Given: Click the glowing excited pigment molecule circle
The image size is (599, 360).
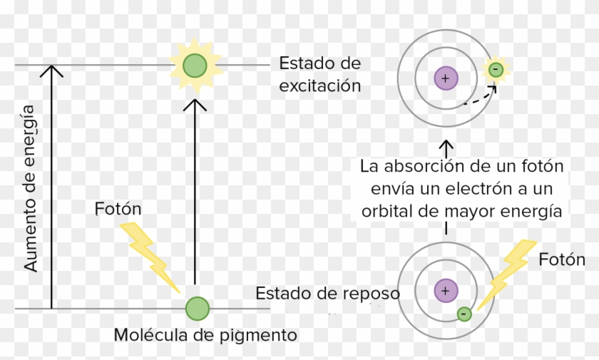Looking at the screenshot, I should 194,66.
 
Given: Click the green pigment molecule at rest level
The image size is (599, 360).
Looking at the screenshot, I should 197,309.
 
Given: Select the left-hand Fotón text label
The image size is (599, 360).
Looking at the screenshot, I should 118,209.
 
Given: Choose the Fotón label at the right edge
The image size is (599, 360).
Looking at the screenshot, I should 561,259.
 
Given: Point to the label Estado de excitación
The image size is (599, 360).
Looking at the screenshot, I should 319,74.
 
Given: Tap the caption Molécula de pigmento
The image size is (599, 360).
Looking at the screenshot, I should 205,334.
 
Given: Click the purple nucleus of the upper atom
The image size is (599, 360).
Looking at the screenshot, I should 445,78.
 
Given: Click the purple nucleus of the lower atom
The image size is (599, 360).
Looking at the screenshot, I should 445,290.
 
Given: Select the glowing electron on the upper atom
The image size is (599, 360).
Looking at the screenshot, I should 495,69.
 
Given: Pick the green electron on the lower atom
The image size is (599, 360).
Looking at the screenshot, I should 464,313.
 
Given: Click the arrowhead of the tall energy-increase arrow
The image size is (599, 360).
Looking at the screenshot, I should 51,71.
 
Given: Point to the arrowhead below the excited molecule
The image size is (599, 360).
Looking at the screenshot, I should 195,105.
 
